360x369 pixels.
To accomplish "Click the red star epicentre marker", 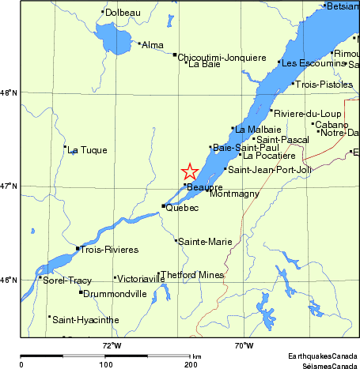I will click(190, 171).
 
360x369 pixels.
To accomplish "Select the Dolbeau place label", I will click(123, 13).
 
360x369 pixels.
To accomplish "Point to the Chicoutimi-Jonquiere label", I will click(222, 57).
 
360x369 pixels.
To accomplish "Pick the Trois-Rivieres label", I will click(110, 250).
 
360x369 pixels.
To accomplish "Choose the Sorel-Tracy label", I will click(68, 280).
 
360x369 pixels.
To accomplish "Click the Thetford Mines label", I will click(192, 275).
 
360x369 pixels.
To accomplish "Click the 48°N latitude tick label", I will click(9, 93).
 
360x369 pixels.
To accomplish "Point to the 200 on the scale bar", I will click(191, 365).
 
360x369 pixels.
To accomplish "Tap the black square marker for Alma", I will click(139, 43).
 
